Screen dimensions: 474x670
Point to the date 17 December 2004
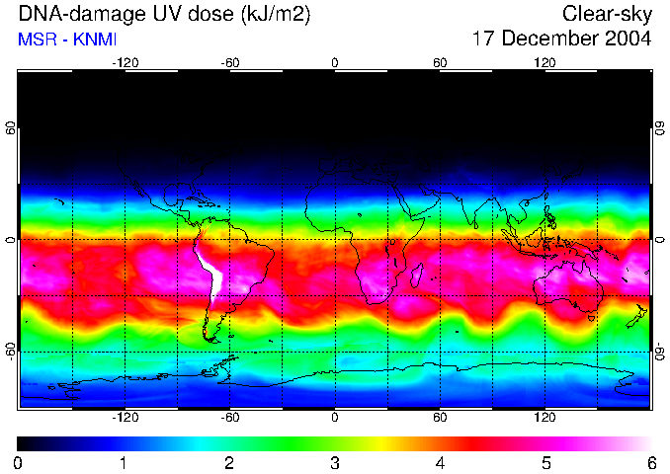pyautogui.click(x=561, y=39)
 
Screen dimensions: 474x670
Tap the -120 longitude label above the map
pyautogui.click(x=126, y=62)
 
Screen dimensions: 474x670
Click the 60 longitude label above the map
pyautogui.click(x=440, y=62)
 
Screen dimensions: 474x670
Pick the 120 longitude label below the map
pyautogui.click(x=544, y=417)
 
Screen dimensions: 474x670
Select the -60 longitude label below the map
pyautogui.click(x=230, y=417)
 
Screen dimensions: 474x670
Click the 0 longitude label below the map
pyautogui.click(x=335, y=417)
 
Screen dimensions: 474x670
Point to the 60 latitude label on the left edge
pyautogui.click(x=10, y=128)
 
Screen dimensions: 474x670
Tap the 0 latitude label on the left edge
pyautogui.click(x=10, y=240)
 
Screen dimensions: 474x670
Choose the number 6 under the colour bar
pyautogui.click(x=650, y=462)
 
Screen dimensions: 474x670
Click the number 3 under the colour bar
pyautogui.click(x=334, y=462)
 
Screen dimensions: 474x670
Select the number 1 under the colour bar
pyautogui.click(x=123, y=462)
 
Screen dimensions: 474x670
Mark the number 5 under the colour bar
pyautogui.click(x=545, y=462)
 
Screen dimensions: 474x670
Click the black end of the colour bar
pyautogui.click(x=24, y=443)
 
